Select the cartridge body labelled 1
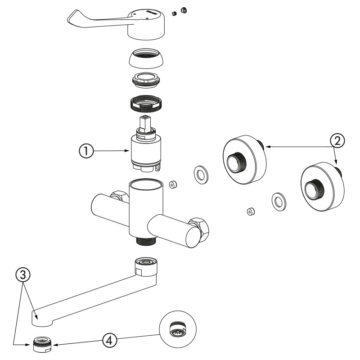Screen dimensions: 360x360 click(x=144, y=151)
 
